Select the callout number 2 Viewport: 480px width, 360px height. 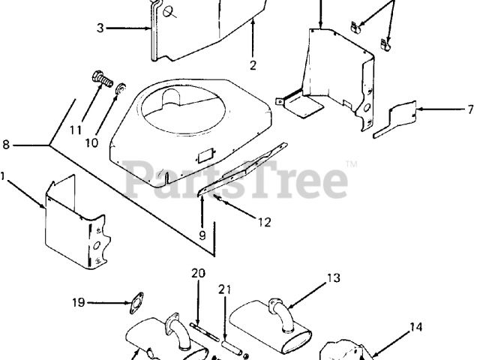[253, 65]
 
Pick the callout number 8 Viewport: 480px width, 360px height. [6, 143]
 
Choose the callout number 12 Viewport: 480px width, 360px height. [265, 221]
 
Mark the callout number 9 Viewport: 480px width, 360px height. [202, 234]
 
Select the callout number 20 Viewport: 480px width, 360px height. [198, 273]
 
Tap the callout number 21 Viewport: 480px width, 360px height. [223, 289]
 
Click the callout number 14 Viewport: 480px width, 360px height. [415, 326]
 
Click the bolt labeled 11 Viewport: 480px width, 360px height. [100, 76]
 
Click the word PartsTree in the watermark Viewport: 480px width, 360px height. [235, 178]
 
